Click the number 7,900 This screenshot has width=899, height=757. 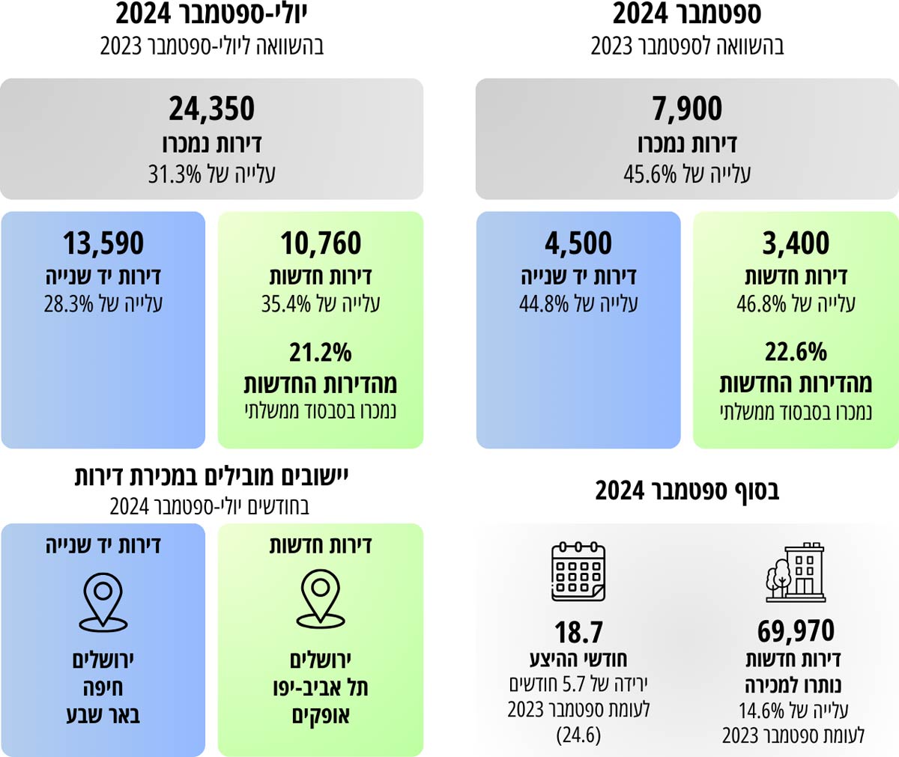687,109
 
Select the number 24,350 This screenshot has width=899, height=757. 212,109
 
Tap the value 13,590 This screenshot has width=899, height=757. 103,243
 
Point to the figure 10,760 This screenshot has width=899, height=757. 321,243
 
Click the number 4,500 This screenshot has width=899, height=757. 578,243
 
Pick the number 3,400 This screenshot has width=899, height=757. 796,243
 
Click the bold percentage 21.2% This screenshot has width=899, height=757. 321,352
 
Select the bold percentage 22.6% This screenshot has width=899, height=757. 796,352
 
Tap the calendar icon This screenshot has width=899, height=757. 578,572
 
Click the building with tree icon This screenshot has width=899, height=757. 796,572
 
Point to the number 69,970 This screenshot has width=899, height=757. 796,631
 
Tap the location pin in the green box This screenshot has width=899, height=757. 321,598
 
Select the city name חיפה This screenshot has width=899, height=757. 103,687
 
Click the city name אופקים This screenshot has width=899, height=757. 321,716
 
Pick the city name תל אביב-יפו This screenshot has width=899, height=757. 321,687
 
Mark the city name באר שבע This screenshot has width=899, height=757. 103,715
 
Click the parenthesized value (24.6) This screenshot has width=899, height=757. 578,735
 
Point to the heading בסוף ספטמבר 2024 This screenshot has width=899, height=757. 687,491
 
